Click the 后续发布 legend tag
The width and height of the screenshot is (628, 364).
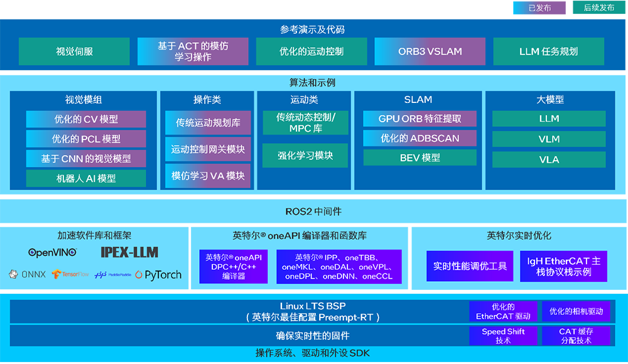(598, 8)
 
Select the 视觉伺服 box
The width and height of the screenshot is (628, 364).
(74, 51)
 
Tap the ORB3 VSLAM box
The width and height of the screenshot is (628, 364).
(430, 51)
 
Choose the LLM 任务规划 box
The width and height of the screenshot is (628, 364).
(548, 51)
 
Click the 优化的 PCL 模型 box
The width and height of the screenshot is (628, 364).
(86, 139)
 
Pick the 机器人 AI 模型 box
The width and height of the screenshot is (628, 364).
(86, 178)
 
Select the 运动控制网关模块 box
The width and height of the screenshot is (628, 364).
(208, 149)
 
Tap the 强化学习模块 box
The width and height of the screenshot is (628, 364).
(305, 155)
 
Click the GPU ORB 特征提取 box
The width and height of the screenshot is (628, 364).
(420, 119)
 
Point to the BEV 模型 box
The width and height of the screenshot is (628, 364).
(420, 158)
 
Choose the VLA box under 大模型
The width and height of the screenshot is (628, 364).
(549, 159)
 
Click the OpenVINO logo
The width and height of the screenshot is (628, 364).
(53, 252)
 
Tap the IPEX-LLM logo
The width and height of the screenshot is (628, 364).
(129, 252)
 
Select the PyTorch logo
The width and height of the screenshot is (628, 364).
(158, 275)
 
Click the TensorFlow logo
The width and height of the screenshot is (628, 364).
(72, 275)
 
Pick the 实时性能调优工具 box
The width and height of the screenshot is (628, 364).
(470, 266)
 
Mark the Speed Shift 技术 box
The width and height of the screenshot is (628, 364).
(503, 336)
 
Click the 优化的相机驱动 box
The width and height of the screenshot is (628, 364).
(576, 311)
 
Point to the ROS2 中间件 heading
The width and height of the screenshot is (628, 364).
(313, 211)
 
